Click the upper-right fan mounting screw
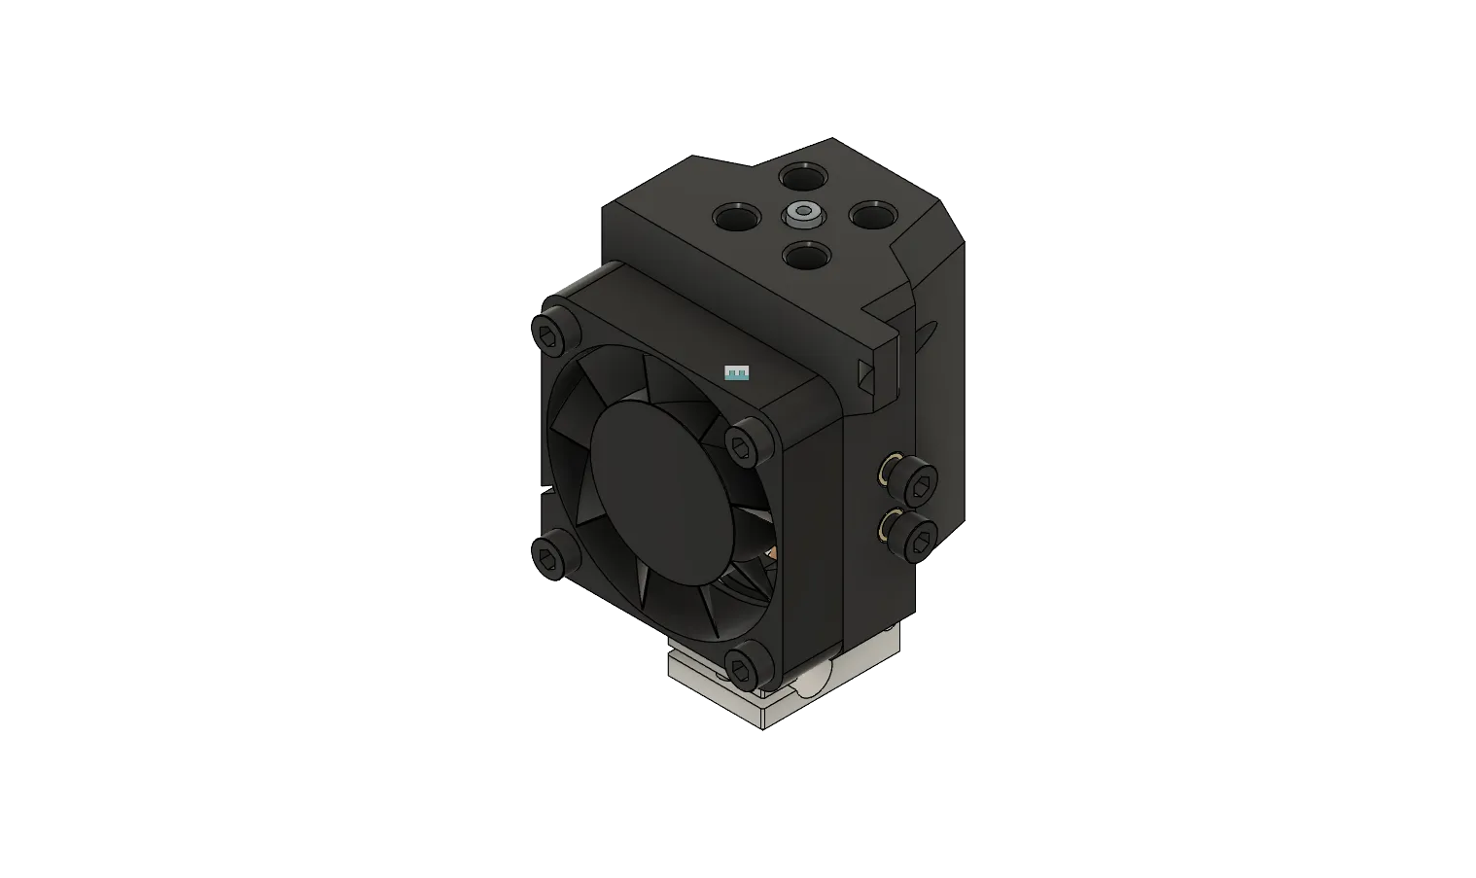[x=744, y=445]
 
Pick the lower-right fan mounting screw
[x=745, y=664]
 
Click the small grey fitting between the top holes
[x=804, y=213]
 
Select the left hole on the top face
[x=736, y=217]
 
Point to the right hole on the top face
[x=870, y=215]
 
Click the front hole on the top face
[x=804, y=257]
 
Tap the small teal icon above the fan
[x=737, y=372]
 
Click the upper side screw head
[x=917, y=481]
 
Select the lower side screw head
[x=917, y=536]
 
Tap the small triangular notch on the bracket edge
[x=866, y=372]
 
